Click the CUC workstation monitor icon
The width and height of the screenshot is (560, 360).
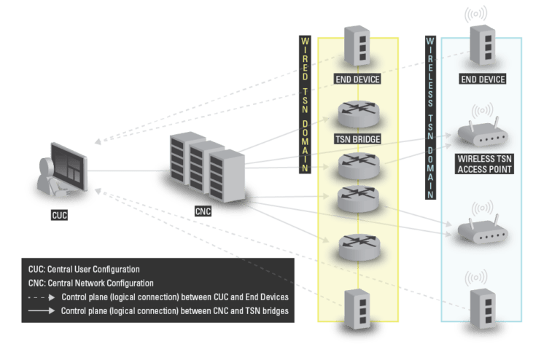pos(71,169)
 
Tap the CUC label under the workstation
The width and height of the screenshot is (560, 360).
pos(60,216)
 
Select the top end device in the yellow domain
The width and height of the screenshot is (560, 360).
pos(357,48)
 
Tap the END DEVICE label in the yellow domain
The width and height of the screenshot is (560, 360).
pos(357,79)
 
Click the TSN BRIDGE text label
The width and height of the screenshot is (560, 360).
pos(357,138)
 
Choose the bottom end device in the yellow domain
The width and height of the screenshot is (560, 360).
pos(357,307)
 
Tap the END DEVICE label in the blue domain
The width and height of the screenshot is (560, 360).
pos(483,79)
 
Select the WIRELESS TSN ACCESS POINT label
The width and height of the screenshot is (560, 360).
pos(483,164)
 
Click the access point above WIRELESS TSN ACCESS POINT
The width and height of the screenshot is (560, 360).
pos(483,135)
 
